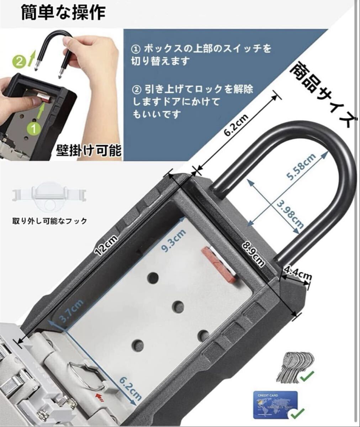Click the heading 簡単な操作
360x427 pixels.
pos(63,13)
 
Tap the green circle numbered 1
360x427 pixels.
pos(34,129)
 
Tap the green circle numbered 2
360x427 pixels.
pos(19,61)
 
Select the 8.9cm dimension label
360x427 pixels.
pos(253,254)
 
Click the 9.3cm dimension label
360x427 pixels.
pos(173,241)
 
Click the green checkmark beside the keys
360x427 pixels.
pos(307,376)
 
